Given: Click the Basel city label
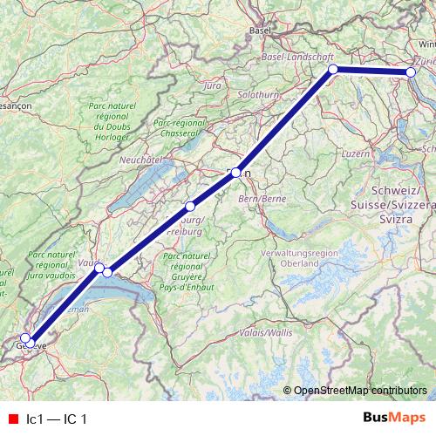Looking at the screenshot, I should (261, 30).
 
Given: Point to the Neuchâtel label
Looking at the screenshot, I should (143, 160).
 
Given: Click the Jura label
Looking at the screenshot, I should (211, 85).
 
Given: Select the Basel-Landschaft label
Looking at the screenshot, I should (298, 57).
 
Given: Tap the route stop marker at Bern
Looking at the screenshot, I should (236, 173).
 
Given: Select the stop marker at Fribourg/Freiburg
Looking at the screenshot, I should (190, 207).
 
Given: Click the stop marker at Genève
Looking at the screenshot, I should (26, 338).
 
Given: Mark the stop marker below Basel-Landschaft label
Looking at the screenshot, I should (332, 68).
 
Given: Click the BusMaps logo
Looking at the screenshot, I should (394, 418).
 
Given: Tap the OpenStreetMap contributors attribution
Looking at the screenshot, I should (360, 391).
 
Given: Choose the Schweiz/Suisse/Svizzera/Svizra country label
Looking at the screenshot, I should (401, 204).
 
